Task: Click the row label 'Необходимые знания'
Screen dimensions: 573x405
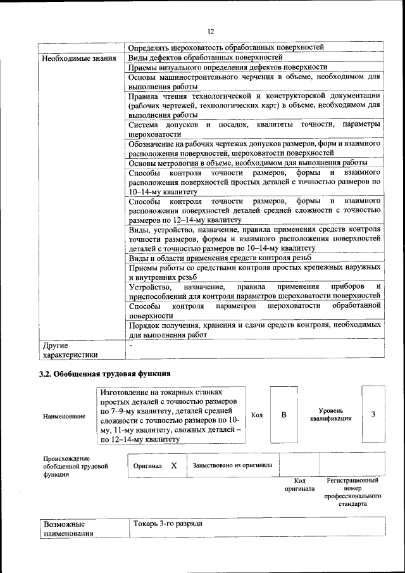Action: point(79,58)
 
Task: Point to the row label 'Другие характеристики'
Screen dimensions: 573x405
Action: point(70,350)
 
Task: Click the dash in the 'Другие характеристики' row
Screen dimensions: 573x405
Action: point(130,346)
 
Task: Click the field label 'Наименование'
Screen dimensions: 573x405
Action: point(65,416)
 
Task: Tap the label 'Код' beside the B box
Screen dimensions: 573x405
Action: point(257,415)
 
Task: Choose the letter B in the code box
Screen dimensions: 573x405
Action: point(284,415)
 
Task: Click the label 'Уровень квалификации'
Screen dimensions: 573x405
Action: point(331,415)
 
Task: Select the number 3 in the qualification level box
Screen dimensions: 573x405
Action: point(373,415)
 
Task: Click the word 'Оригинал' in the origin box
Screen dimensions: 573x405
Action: point(147,465)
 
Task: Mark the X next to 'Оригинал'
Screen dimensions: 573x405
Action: point(173,465)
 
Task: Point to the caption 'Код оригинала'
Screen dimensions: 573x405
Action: point(299,485)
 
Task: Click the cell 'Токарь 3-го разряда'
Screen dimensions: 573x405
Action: point(168,524)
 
